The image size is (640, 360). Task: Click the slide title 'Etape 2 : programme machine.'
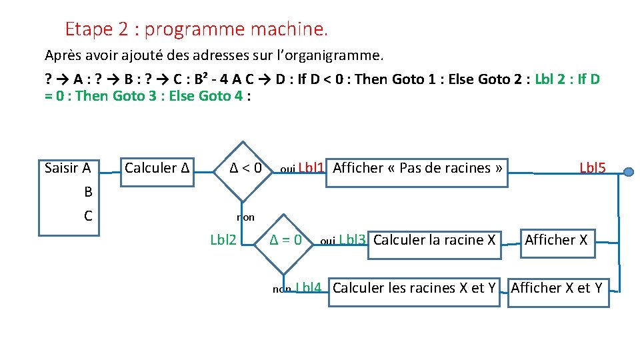point(197,29)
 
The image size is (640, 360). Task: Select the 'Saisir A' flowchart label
point(67,168)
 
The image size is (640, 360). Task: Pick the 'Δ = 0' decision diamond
point(285,240)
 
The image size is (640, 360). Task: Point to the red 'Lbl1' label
point(311,168)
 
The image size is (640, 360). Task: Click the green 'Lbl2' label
point(223,240)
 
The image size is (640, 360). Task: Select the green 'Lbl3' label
point(353,240)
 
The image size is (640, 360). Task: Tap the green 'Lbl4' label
point(309,288)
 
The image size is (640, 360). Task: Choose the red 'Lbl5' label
point(593,168)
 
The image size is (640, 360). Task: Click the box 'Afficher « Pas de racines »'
point(417,168)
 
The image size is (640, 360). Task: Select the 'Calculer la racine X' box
point(435,240)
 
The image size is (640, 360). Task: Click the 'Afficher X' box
point(556,240)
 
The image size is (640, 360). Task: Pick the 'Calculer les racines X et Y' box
point(414,289)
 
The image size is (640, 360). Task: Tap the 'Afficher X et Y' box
point(557,289)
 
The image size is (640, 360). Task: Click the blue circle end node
point(628,172)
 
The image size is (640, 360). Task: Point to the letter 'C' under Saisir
point(88,216)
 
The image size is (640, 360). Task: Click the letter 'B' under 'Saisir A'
point(88,192)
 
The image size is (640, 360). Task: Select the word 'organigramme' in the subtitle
point(337,54)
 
